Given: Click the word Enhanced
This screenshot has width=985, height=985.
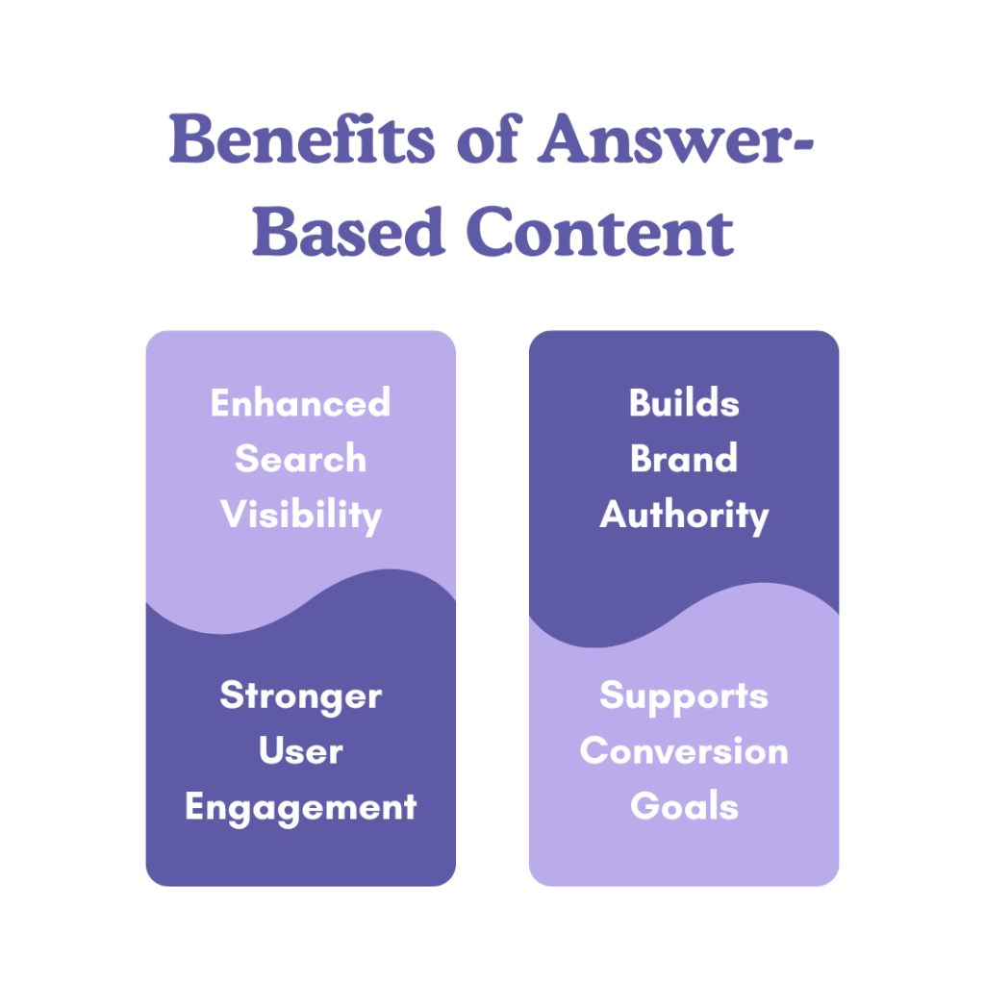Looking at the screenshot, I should pyautogui.click(x=300, y=402).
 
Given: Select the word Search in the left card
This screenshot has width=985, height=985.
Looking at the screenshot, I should pyautogui.click(x=300, y=458).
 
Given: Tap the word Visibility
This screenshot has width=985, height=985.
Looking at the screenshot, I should pyautogui.click(x=300, y=516).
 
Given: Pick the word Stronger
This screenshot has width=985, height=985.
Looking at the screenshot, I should pyautogui.click(x=300, y=695).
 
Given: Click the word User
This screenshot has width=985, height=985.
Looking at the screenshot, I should pyautogui.click(x=300, y=750).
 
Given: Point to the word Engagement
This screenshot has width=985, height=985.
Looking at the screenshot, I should pyautogui.click(x=300, y=807).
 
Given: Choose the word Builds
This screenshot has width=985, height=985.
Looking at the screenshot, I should pyautogui.click(x=684, y=402).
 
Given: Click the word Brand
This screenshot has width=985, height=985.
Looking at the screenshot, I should pyautogui.click(x=684, y=458).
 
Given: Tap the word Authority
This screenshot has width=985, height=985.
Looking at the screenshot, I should pyautogui.click(x=684, y=515).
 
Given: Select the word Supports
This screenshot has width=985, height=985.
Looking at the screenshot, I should pyautogui.click(x=684, y=695).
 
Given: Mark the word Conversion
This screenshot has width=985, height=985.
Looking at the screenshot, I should pyautogui.click(x=684, y=750).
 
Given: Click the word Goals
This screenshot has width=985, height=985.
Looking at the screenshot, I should pyautogui.click(x=684, y=806).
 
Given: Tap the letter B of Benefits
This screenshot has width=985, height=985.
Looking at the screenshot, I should pyautogui.click(x=189, y=140).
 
